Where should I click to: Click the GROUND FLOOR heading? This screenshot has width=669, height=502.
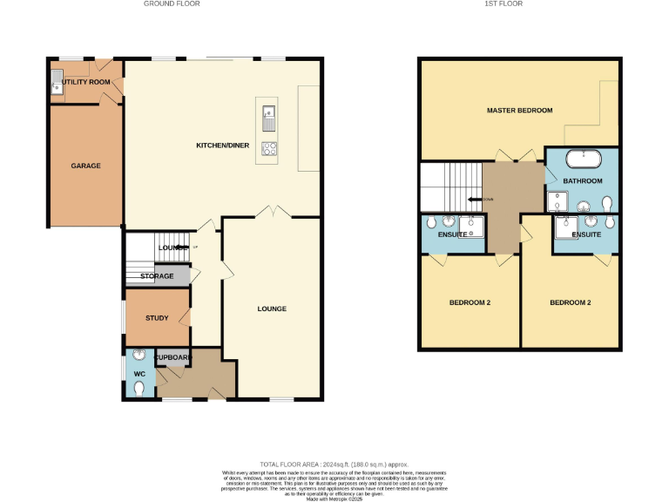tap(172, 3)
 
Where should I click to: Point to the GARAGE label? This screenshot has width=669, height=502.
tap(85, 166)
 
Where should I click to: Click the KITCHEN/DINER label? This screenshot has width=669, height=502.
tap(224, 144)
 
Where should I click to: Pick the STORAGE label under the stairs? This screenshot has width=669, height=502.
tap(157, 276)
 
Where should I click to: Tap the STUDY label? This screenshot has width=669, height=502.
tap(157, 318)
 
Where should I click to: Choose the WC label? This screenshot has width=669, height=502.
tap(139, 374)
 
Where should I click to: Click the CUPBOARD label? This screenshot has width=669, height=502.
tap(172, 357)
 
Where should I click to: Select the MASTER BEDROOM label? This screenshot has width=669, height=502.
tap(520, 111)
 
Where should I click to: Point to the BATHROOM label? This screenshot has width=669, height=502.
tap(582, 180)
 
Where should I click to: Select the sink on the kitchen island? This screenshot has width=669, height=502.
tap(269, 112)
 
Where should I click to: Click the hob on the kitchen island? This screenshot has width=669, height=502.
tap(269, 148)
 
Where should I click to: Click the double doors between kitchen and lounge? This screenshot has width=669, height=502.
tap(272, 212)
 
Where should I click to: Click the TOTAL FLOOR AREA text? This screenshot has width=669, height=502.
tap(334, 465)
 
